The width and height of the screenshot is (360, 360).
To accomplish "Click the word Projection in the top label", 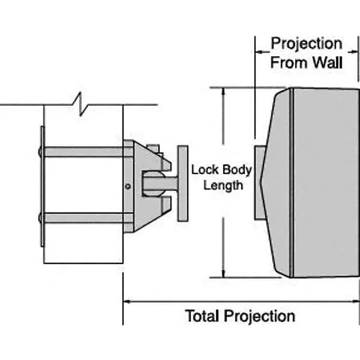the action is tap(307, 45).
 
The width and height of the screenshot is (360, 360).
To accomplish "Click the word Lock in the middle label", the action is tap(204, 170).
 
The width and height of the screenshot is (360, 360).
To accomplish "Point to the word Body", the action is tap(237, 170).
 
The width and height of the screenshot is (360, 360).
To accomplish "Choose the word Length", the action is tap(223, 186).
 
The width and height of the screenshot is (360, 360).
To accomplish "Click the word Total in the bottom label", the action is tap(203, 315).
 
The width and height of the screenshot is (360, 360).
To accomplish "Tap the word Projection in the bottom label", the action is tap(260, 317).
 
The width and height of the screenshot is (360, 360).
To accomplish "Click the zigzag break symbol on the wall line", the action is tap(81, 104).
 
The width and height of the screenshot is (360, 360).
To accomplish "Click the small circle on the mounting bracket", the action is tap(128, 186).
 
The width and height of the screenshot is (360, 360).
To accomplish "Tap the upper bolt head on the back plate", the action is tap(40, 152).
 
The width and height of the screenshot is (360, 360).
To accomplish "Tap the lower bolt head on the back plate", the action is tap(40, 217).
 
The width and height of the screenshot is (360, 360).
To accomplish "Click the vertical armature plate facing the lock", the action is tap(183, 184).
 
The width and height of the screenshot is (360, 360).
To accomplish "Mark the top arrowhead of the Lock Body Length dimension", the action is tap(224, 91).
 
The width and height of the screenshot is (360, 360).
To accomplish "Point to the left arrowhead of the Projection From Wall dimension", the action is tap(258, 52).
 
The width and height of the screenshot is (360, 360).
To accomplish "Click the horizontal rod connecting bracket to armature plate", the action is tap(161, 184).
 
